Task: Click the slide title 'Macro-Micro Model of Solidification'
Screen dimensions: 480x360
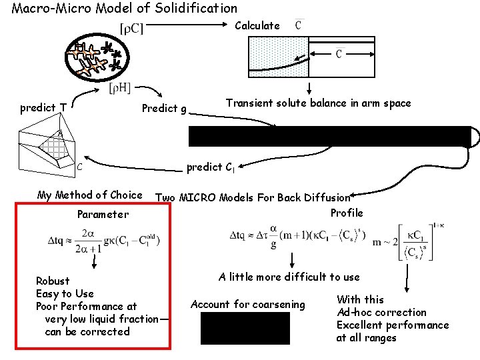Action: [x=125, y=9]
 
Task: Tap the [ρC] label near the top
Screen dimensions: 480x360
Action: [x=132, y=28]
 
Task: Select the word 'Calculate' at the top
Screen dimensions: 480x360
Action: [x=257, y=26]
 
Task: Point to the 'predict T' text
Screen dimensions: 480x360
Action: [x=43, y=107]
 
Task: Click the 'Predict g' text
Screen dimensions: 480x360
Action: [x=164, y=108]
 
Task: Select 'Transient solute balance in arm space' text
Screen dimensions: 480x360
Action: [x=318, y=103]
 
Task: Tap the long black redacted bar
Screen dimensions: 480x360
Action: [x=329, y=136]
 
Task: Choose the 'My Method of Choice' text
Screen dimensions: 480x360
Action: [x=90, y=195]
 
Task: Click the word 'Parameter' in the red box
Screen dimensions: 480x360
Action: [x=103, y=214]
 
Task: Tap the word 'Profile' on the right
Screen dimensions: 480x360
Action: [x=347, y=213]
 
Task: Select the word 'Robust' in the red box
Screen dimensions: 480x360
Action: [x=53, y=281]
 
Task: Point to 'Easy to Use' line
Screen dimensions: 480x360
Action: [x=65, y=293]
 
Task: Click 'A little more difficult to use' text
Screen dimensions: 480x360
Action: [x=289, y=277]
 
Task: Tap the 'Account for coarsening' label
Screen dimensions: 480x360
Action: [x=247, y=305]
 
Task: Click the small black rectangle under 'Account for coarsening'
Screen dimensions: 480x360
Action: [x=245, y=328]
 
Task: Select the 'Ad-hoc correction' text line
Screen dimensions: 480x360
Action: [x=381, y=312]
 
